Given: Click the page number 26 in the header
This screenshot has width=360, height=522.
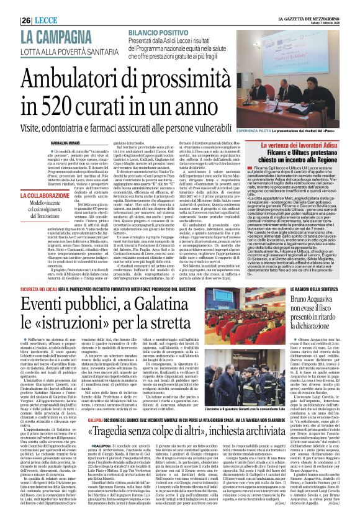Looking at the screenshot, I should tap(10, 6).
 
